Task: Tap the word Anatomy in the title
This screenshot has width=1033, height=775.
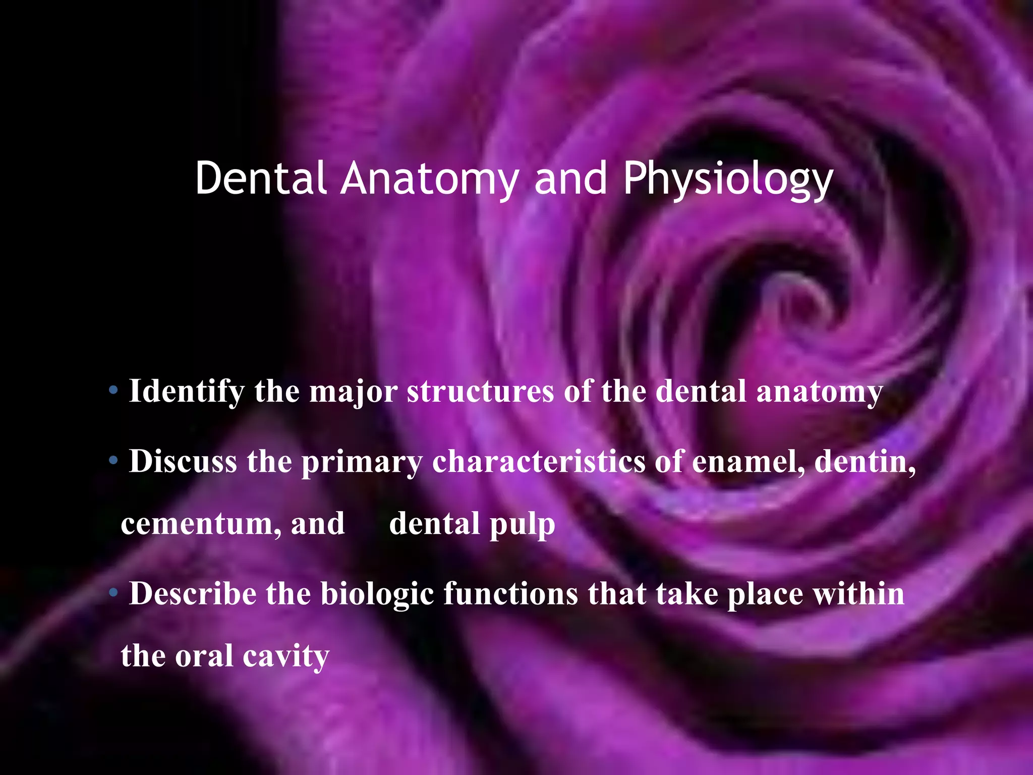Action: (430, 178)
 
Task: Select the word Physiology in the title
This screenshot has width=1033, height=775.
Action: (728, 178)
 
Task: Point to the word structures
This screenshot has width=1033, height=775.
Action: (480, 392)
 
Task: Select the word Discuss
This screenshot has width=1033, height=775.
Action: (183, 461)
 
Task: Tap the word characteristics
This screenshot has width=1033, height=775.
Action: (539, 461)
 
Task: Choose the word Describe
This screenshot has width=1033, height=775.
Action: (192, 593)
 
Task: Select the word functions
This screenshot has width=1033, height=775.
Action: (510, 593)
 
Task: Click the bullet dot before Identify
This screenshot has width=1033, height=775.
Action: (113, 390)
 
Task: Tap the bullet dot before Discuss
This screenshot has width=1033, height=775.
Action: (113, 460)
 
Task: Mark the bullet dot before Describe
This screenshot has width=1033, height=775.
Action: (113, 592)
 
